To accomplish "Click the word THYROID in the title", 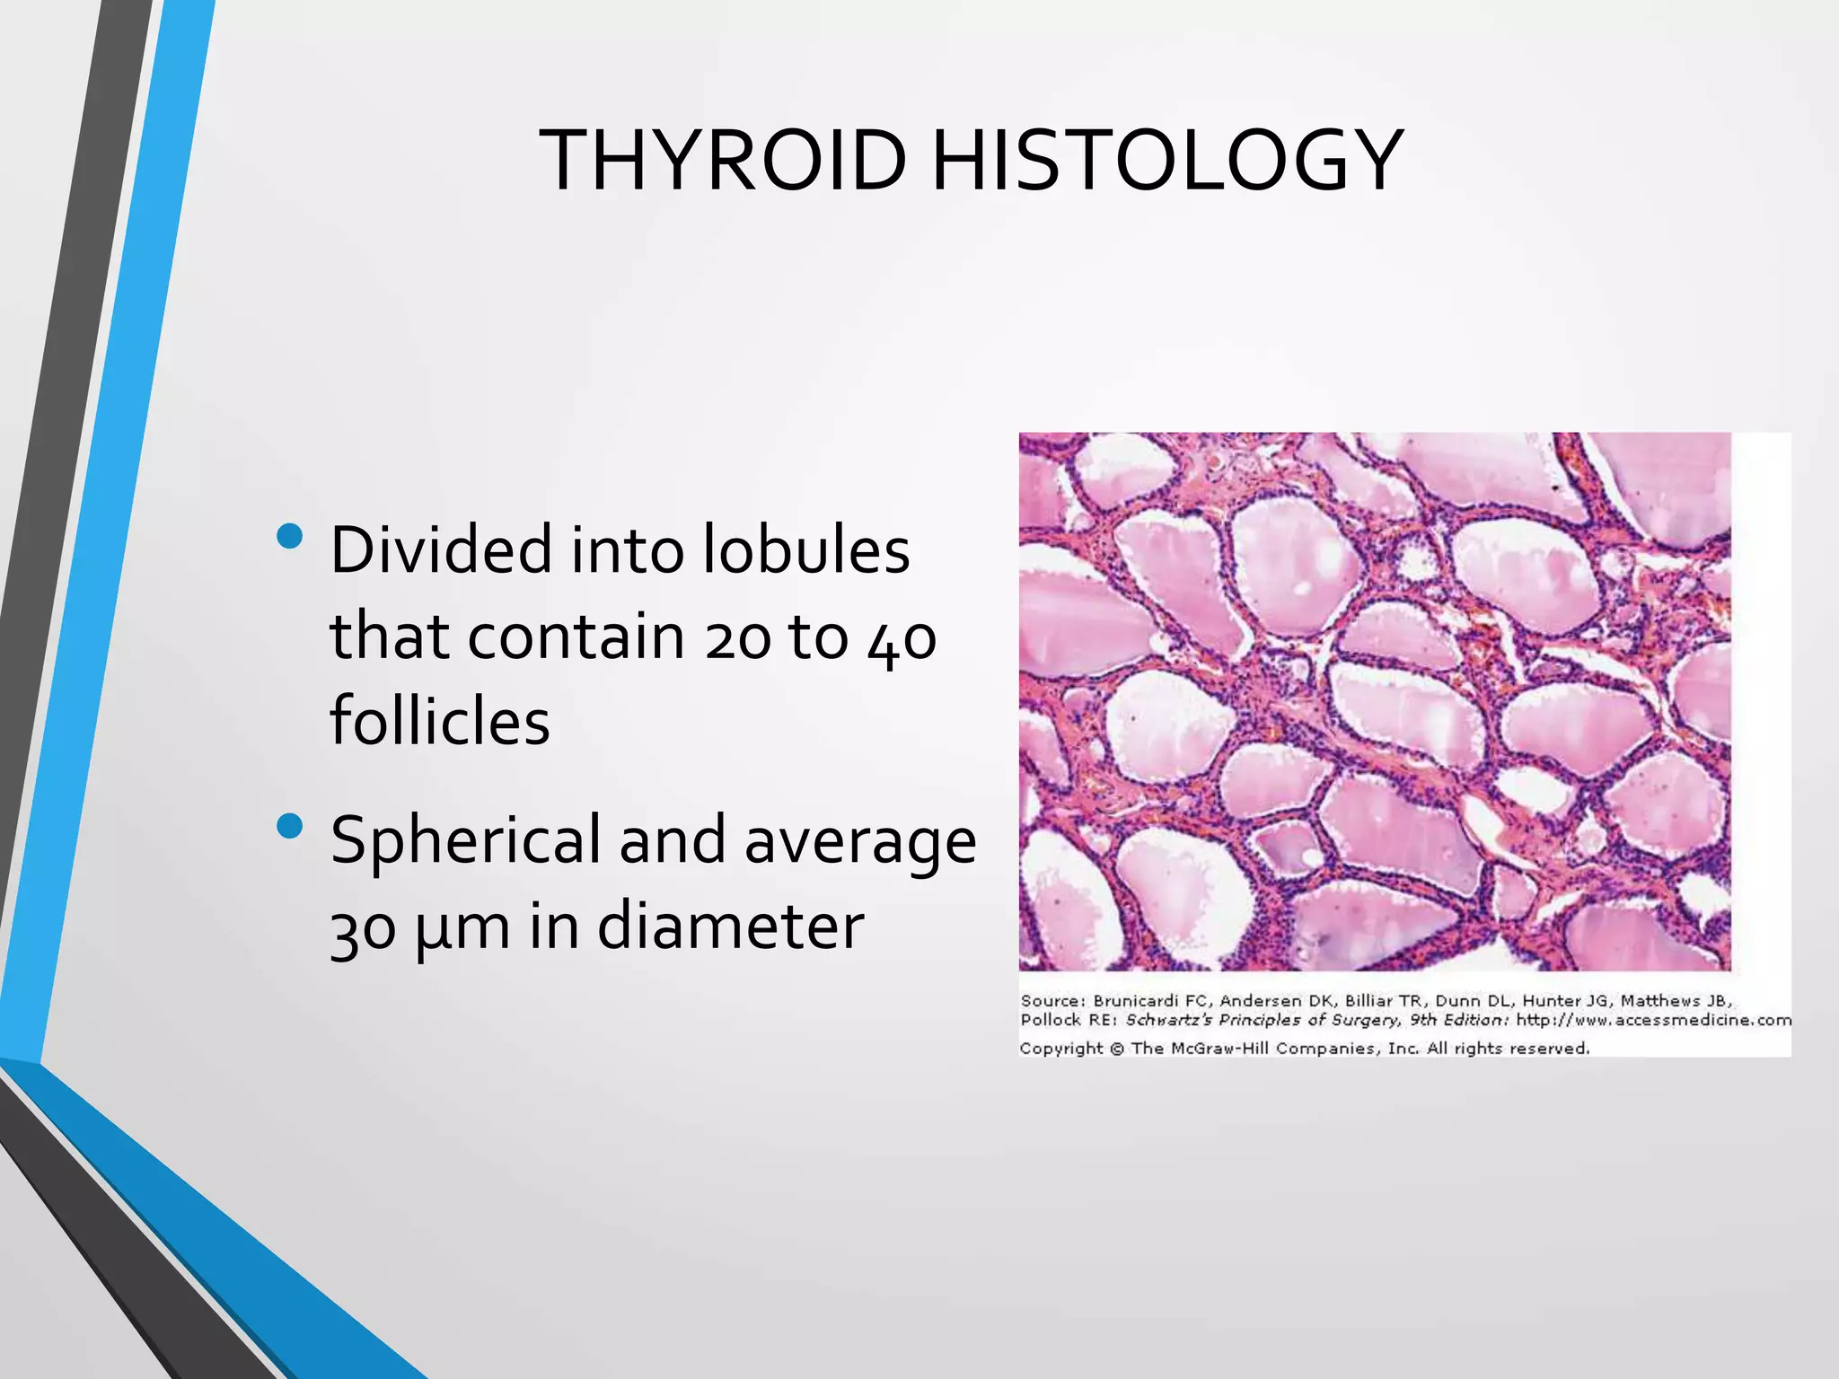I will pyautogui.click(x=724, y=161).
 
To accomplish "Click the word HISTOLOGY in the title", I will pyautogui.click(x=1167, y=161).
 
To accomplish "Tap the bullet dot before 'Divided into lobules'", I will pyautogui.click(x=290, y=537).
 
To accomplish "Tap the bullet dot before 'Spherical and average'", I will pyautogui.click(x=290, y=826).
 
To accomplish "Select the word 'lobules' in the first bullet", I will pyautogui.click(x=805, y=549).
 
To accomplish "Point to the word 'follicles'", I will pyautogui.click(x=440, y=721).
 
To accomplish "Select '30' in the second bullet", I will pyautogui.click(x=363, y=928).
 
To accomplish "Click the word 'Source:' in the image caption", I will pyautogui.click(x=1052, y=1000).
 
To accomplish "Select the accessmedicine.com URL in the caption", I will pyautogui.click(x=1653, y=1020).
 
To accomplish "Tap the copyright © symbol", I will pyautogui.click(x=1117, y=1049).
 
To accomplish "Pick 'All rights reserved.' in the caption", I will pyautogui.click(x=1509, y=1049).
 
